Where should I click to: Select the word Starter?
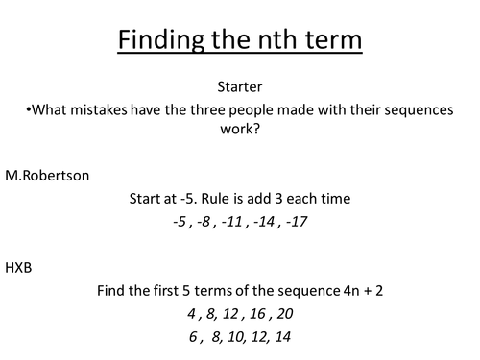240,86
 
